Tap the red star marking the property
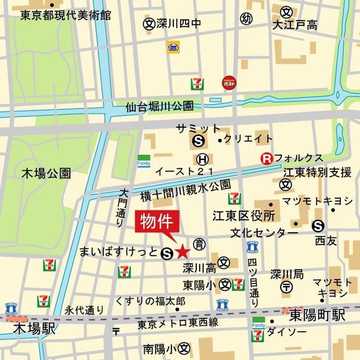tap(183, 253)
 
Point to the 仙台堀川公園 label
tap(160, 106)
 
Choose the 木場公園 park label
tap(46, 172)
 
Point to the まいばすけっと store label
tap(119, 251)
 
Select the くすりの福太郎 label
tap(150, 301)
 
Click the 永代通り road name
tap(84, 309)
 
